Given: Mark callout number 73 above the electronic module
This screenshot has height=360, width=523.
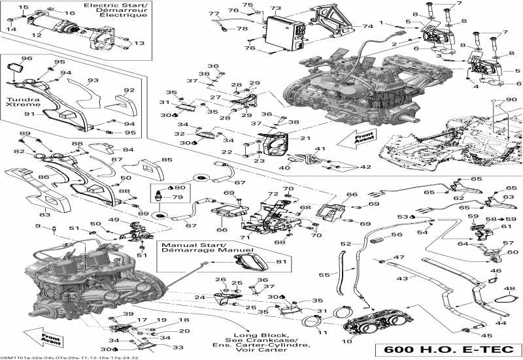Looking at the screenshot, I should (x=275, y=9).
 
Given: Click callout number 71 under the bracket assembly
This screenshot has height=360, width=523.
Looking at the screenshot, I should (x=246, y=237).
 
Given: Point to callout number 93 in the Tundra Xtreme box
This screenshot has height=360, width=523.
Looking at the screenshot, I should (x=93, y=80).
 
